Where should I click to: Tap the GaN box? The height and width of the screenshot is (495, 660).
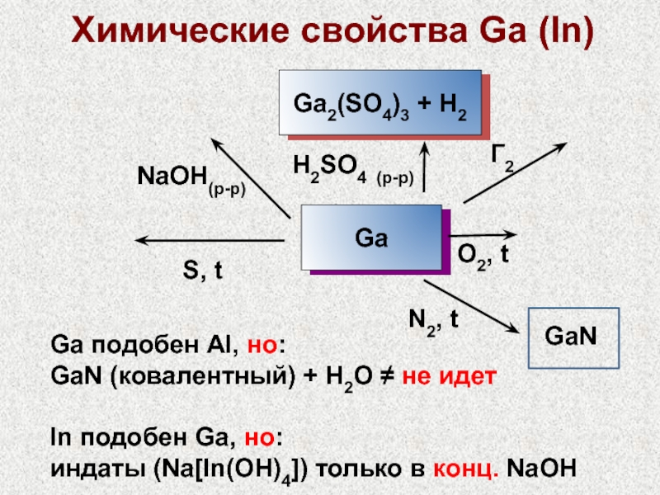tap(572, 336)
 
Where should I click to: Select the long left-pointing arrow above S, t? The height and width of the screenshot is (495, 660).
tap(210, 240)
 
